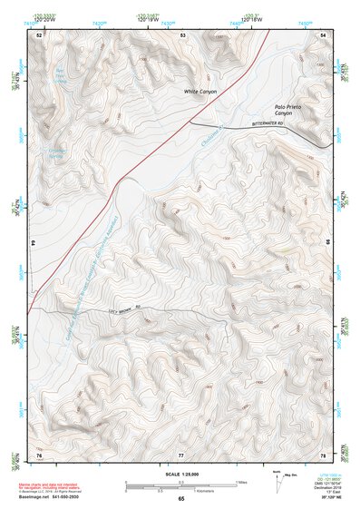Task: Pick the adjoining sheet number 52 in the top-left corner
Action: (x=39, y=34)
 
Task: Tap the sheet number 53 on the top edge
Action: (x=182, y=34)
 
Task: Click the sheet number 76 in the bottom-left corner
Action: (x=39, y=454)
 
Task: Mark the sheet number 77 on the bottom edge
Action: (x=181, y=454)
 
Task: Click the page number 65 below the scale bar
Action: (x=181, y=499)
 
